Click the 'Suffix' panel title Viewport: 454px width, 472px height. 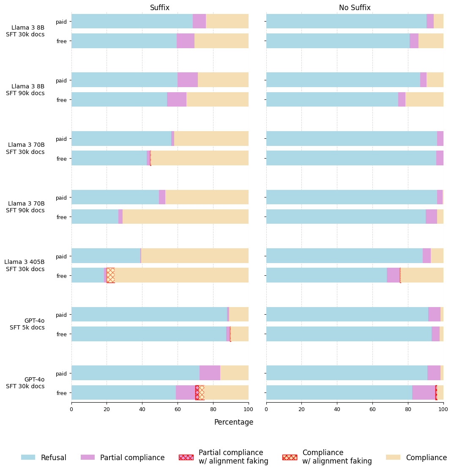(x=160, y=8)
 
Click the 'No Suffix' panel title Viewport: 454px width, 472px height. (x=355, y=8)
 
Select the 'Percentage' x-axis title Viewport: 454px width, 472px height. (x=234, y=422)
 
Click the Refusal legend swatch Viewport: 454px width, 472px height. (x=28, y=457)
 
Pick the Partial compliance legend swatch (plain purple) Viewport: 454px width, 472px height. (x=88, y=457)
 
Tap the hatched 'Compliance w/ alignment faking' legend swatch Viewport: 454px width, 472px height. (x=290, y=457)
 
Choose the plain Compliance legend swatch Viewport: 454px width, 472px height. (x=393, y=457)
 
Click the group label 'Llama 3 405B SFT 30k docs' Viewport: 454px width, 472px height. (x=24, y=266)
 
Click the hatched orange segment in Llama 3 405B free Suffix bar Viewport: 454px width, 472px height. (x=110, y=275)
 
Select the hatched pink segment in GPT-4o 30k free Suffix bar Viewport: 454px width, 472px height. (x=197, y=392)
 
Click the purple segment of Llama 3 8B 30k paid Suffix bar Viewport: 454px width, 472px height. (x=199, y=21)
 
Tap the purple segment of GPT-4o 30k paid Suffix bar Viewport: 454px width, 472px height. (x=210, y=373)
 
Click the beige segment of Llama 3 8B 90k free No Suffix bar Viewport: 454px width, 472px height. (x=424, y=99)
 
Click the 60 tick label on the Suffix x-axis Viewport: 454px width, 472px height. (x=178, y=409)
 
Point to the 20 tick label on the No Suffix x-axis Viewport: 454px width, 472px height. (x=301, y=409)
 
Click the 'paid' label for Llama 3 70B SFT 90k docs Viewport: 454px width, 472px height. (x=61, y=198)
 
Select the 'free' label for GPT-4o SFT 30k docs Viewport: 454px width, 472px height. (x=62, y=393)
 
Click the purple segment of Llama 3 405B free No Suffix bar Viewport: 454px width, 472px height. (x=393, y=275)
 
